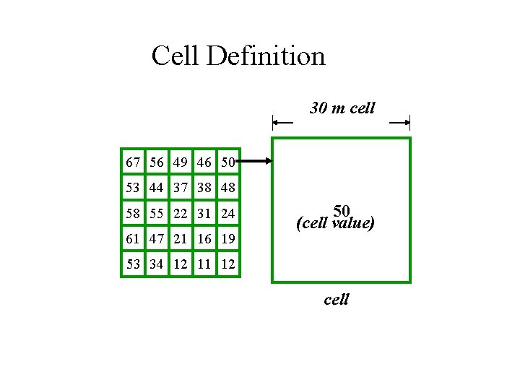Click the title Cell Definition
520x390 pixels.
(238, 56)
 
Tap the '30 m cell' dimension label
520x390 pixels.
(342, 108)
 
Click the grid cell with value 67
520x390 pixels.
(134, 163)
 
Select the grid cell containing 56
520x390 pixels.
(157, 163)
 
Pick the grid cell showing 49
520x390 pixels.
(181, 163)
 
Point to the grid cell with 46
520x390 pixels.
(204, 163)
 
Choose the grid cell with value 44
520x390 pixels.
(157, 188)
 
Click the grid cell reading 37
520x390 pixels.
(181, 188)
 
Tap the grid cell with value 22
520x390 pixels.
(181, 214)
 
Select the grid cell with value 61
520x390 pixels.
(134, 238)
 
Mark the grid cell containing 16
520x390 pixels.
(204, 238)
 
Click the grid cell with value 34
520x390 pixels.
(157, 264)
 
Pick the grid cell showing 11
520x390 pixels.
(204, 264)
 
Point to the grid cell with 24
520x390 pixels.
(228, 214)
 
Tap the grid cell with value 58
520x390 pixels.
(134, 214)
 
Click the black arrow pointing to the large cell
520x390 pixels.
(254, 162)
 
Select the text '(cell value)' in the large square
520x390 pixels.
(336, 224)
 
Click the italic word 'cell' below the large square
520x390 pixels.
(337, 298)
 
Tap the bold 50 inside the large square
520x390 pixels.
(342, 212)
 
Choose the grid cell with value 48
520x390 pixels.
(228, 188)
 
